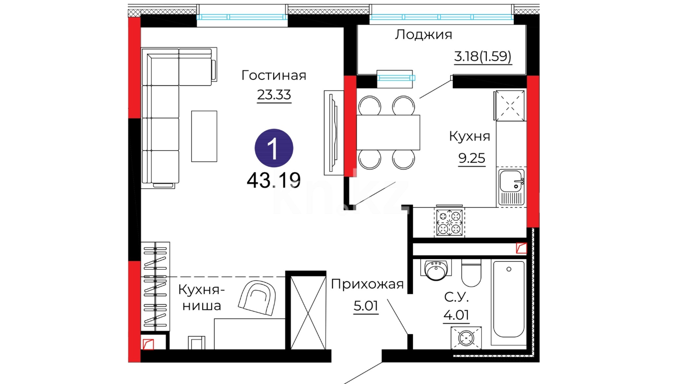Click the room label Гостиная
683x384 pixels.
point(274,75)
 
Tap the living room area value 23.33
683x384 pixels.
point(274,95)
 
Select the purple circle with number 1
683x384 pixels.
point(274,148)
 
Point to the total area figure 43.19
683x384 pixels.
point(274,180)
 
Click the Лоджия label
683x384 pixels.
point(423,35)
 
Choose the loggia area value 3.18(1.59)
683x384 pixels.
point(483,56)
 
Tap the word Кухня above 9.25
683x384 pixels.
point(469,136)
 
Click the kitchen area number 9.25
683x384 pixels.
point(472,158)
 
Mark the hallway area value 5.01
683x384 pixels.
point(366,306)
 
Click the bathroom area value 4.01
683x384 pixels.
point(456,315)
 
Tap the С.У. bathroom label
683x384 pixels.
point(456,297)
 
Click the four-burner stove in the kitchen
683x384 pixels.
point(449,222)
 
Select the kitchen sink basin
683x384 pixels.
point(512,187)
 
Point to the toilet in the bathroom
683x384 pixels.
point(471,273)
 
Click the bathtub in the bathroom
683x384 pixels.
point(509,302)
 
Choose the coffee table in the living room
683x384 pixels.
point(204,136)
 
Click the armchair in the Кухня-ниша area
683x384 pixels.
point(257,298)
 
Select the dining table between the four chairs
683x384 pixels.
point(388,132)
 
